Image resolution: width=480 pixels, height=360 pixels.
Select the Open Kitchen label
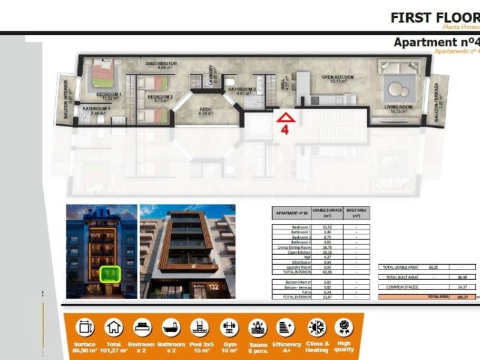337,77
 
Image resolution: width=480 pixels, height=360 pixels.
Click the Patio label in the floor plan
206,110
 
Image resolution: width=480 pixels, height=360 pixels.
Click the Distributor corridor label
161,63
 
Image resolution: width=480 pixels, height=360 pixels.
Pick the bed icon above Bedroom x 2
142,327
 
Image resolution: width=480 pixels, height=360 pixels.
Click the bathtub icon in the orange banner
171,327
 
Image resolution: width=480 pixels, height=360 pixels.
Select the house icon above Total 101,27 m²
113,327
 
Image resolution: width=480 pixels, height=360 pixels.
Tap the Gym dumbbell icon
227,327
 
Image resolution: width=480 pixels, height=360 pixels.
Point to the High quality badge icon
344,327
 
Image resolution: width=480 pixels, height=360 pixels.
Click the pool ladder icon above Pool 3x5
199,327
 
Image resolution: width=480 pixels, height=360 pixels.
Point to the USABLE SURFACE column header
327,212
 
